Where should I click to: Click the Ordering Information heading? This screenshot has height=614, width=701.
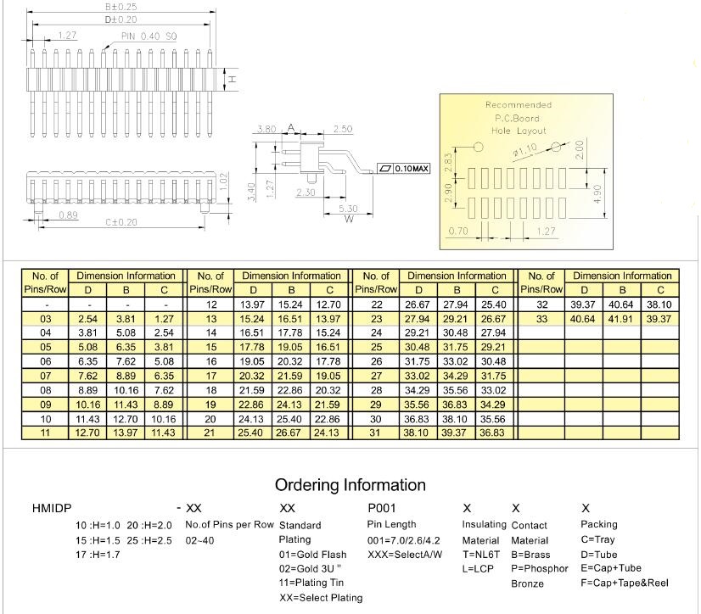(x=350, y=485)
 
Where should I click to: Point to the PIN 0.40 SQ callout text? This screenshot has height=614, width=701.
(x=149, y=36)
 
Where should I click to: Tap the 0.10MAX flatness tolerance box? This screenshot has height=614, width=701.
(x=403, y=169)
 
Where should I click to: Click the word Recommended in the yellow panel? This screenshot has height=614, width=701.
(x=519, y=105)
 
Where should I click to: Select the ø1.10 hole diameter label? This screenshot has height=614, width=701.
(x=524, y=151)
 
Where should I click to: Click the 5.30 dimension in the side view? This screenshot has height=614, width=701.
(x=348, y=209)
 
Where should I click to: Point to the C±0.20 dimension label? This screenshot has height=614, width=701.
(x=121, y=222)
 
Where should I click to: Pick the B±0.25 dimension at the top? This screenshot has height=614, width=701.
(x=121, y=7)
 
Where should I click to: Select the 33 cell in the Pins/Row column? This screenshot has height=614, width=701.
(x=541, y=319)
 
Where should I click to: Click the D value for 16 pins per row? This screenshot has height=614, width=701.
(x=252, y=361)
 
